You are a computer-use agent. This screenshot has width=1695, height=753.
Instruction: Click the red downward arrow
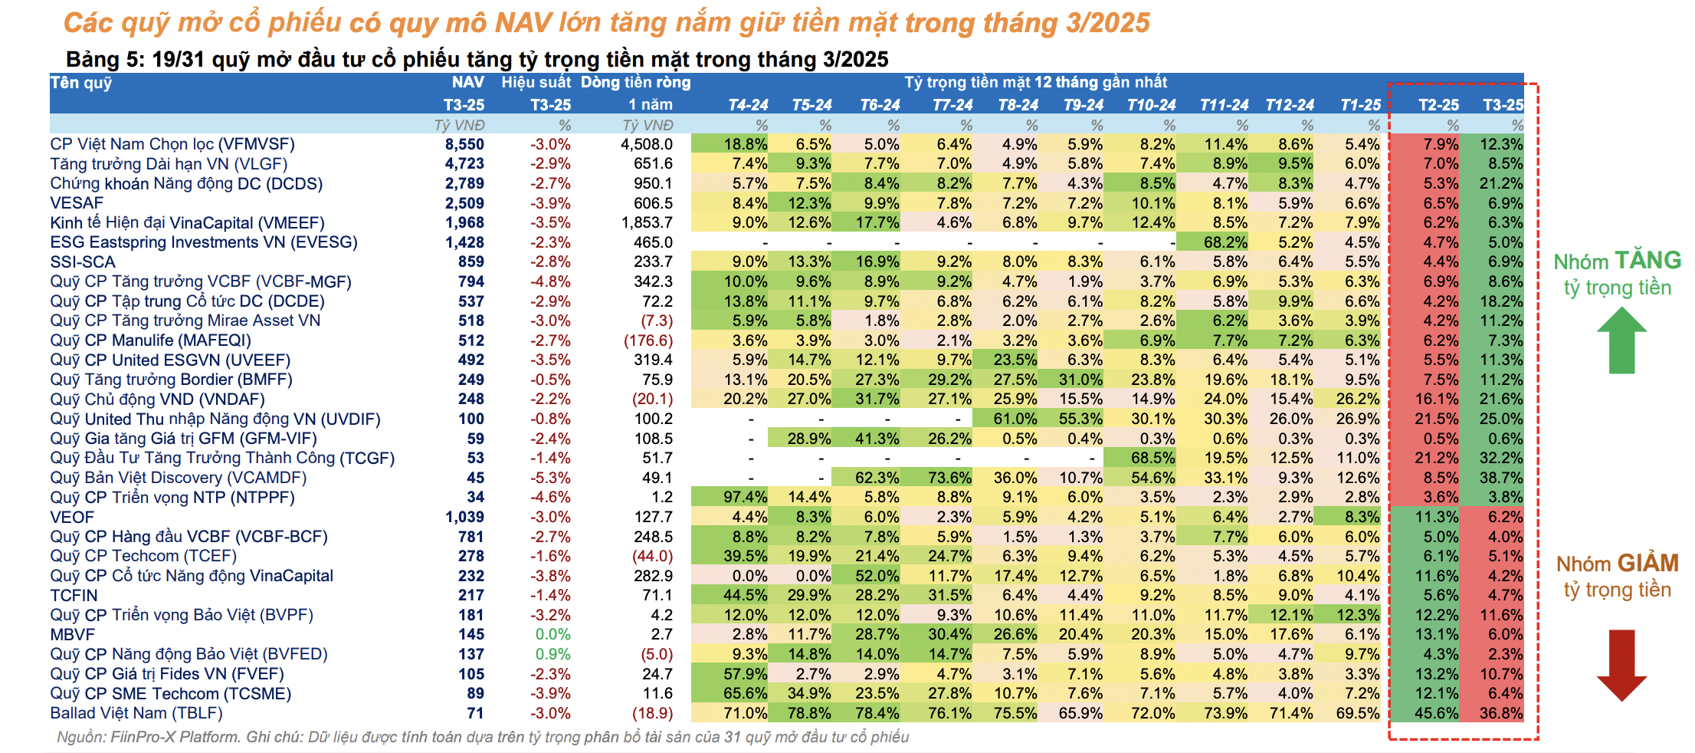pos(1621,664)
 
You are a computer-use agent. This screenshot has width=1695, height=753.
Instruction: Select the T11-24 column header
pos(1224,105)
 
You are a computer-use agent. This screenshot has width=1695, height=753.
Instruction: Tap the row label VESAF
pos(77,203)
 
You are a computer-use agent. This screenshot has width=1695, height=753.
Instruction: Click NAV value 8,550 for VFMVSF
pos(464,144)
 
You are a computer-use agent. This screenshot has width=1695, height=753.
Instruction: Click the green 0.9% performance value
pos(552,655)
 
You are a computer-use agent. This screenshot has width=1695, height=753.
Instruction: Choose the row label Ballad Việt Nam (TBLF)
pos(136,713)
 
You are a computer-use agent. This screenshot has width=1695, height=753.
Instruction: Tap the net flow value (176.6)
pos(648,340)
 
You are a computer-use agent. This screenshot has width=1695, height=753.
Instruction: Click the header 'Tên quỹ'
pos(81,83)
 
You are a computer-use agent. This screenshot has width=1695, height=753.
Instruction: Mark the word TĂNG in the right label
pos(1647,261)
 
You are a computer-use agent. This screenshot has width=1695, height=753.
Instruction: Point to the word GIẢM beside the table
pos(1647,564)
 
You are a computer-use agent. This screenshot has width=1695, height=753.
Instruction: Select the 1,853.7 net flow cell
pos(647,223)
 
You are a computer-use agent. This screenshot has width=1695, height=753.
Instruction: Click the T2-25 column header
pos(1438,105)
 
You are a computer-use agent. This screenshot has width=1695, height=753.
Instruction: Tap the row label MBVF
pos(73,635)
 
